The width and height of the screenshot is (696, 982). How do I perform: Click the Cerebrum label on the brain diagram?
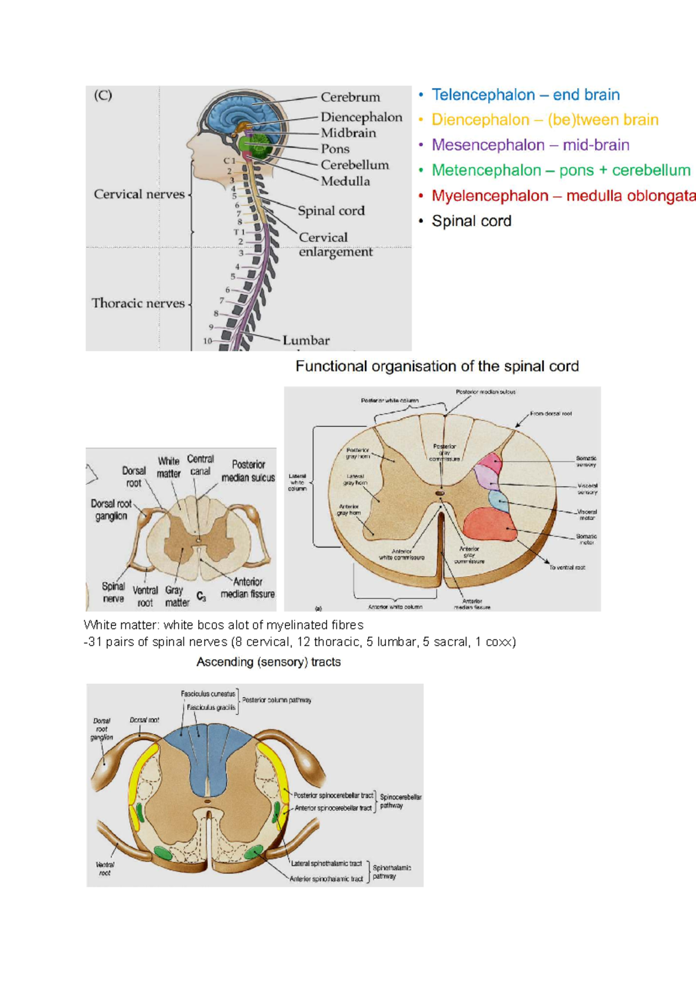pos(350,97)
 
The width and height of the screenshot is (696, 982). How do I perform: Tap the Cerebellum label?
pos(354,165)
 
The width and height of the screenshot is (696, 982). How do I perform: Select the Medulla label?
pos(345,181)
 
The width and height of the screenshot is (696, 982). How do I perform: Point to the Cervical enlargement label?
pos(335,245)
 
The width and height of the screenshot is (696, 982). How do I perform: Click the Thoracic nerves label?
pos(138,303)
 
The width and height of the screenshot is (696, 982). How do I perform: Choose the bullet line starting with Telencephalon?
pos(525,94)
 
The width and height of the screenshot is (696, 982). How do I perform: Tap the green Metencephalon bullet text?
pos(561,170)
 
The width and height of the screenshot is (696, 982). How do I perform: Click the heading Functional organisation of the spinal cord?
pos(437,366)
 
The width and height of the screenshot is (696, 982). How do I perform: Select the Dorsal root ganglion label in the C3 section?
pos(111,510)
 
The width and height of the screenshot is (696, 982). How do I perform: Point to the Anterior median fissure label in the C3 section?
pos(248,588)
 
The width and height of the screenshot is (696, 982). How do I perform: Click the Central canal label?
pos(200,465)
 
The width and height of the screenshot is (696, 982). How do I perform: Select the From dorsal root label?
pos(550,414)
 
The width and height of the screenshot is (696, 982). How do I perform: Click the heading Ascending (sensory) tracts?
pos(269,662)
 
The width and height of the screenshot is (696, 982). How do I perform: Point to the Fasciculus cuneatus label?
pos(208,694)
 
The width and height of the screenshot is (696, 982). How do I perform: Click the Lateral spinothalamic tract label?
pos(326,864)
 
